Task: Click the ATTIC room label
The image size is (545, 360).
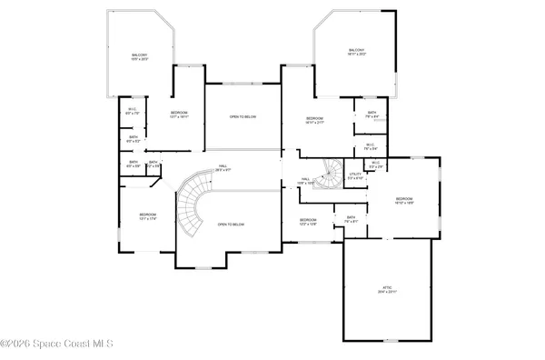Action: click(x=388, y=287)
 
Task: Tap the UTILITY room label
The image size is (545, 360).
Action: click(x=355, y=175)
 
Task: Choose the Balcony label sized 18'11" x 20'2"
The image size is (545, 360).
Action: click(x=356, y=51)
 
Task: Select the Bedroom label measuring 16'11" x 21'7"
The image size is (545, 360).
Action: click(x=314, y=120)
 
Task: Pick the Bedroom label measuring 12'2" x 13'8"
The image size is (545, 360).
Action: click(x=308, y=221)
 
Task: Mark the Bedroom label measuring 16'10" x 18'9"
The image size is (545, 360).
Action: click(x=404, y=201)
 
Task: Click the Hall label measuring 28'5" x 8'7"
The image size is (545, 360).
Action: click(x=222, y=167)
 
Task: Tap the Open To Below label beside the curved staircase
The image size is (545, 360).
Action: click(x=231, y=224)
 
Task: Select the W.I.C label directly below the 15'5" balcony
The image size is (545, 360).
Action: click(x=132, y=112)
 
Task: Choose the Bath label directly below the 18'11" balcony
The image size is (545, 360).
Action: click(x=371, y=115)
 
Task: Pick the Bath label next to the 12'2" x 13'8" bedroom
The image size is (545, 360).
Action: click(x=352, y=218)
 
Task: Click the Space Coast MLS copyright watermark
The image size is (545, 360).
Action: click(x=56, y=344)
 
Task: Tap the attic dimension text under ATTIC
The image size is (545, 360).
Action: click(x=388, y=292)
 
